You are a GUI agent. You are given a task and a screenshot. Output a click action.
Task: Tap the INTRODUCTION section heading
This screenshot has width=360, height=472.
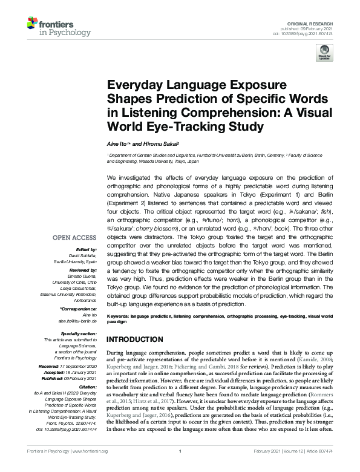click(x=139, y=338)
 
